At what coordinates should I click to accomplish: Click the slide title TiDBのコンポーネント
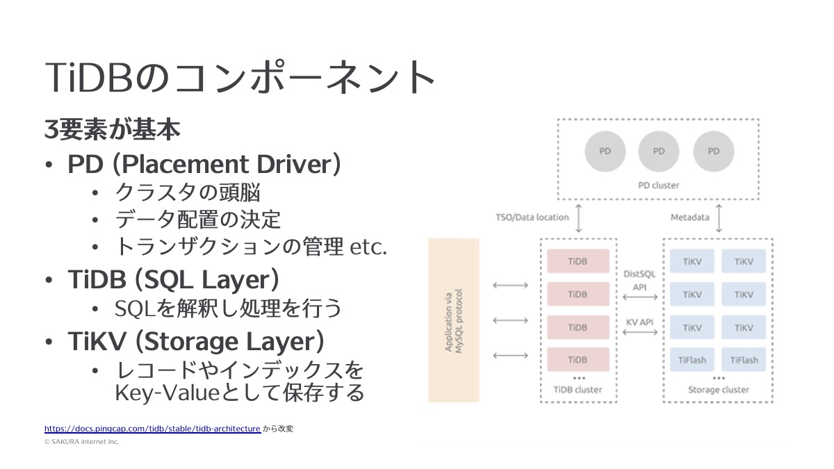click(x=240, y=77)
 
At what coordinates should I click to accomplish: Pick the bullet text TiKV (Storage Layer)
click(x=196, y=342)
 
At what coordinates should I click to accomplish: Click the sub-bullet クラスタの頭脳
click(x=188, y=192)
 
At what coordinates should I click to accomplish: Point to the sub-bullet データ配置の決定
click(x=197, y=220)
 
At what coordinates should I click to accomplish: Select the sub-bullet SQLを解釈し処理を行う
click(x=229, y=308)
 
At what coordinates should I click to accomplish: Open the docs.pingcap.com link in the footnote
click(x=152, y=429)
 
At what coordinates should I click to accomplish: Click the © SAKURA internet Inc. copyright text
click(x=82, y=441)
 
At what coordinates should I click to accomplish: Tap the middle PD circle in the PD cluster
click(x=659, y=151)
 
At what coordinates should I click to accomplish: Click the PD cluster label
click(x=658, y=186)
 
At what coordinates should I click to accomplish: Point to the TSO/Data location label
click(x=532, y=217)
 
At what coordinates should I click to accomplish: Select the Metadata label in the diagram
click(x=689, y=217)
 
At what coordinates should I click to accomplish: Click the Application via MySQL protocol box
click(x=454, y=320)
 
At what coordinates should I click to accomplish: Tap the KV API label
click(x=639, y=322)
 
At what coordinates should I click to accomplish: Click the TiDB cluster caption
click(x=578, y=390)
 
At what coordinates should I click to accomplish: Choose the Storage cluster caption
click(x=718, y=390)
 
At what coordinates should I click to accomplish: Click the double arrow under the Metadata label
click(x=719, y=218)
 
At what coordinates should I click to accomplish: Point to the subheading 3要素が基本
click(x=113, y=130)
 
